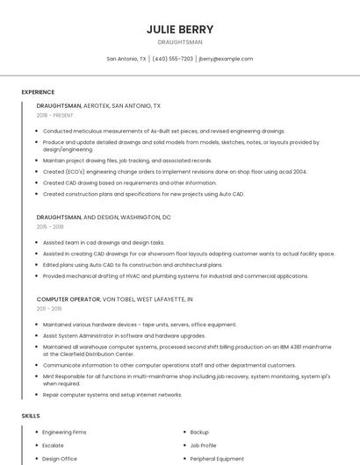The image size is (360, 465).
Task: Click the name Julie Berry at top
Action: pos(179,29)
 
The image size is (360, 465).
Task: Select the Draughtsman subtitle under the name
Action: pos(179,42)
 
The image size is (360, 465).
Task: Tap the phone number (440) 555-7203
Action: pos(172,59)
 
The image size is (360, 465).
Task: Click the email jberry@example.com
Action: pos(226,59)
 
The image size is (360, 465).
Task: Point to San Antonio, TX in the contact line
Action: pos(126,59)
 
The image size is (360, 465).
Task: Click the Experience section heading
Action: pos(38,92)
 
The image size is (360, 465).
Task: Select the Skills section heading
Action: pos(31,415)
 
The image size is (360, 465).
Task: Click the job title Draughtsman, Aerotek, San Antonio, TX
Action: pos(98,105)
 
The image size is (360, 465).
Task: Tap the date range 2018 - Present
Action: pos(56,115)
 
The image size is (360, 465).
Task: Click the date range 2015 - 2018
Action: pos(50,226)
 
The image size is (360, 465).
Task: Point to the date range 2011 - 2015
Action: pos(49,309)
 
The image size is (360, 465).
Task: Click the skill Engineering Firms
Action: pos(64,433)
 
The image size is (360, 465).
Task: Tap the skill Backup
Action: pos(199,433)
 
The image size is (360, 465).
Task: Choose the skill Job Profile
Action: pos(203,446)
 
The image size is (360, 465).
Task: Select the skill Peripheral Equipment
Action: pos(216,459)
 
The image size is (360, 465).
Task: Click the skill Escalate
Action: pos(53,446)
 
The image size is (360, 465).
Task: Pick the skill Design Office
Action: pos(59,459)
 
